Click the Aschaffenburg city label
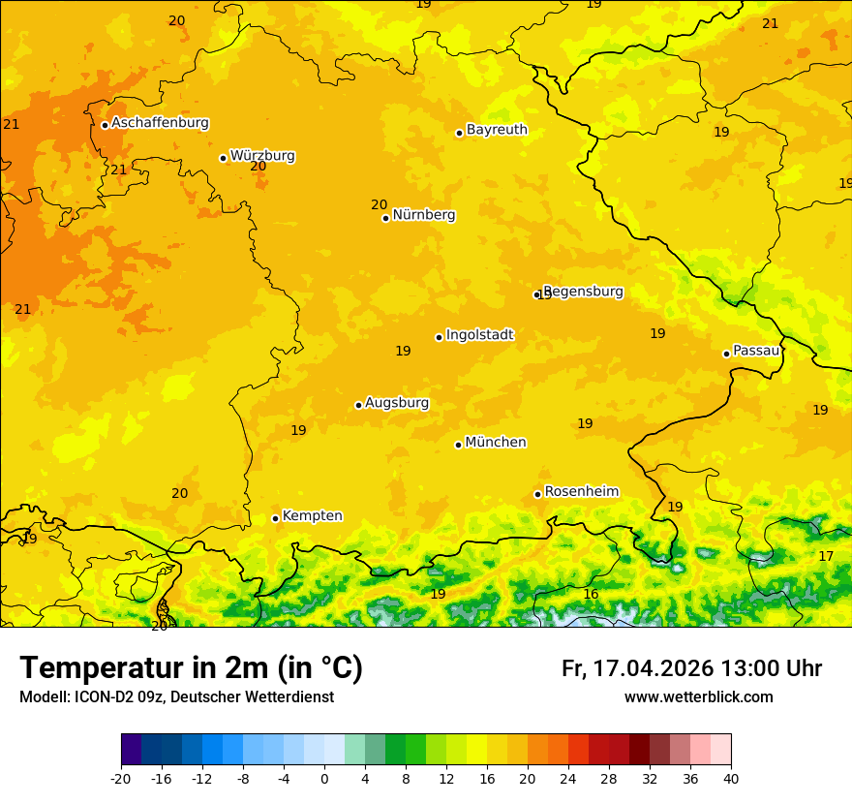pos(160,123)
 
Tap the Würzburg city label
pos(262,156)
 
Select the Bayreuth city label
pos(497,130)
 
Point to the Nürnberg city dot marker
pos(385,218)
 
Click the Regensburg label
pos(583,292)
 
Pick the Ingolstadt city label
pos(479,335)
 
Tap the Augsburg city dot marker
pos(358,405)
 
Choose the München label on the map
pos(496,443)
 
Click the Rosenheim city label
pos(581,492)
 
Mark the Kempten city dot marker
pos(275,518)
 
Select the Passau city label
pos(756,351)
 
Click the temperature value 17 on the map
pos(826,556)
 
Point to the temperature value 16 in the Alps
pos(591,594)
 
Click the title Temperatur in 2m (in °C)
pos(191,668)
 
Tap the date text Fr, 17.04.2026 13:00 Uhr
pos(691,668)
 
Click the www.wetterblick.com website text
pos(698,697)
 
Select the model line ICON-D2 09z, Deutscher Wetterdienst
pos(176,697)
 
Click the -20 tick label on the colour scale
pos(121,779)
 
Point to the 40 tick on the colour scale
pos(731,779)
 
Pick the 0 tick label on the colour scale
pos(324,779)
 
